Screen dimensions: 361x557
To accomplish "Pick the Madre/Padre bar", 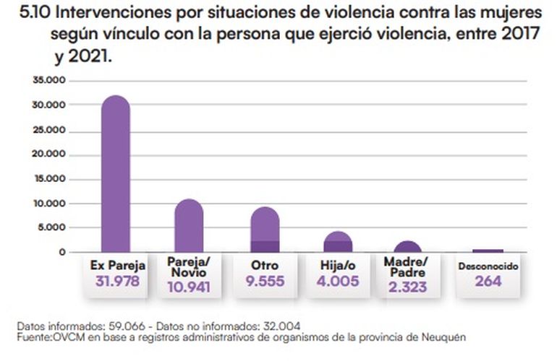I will click(407, 247).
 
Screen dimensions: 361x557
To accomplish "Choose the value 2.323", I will click(407, 286).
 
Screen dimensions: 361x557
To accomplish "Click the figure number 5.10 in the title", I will click(33, 14).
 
